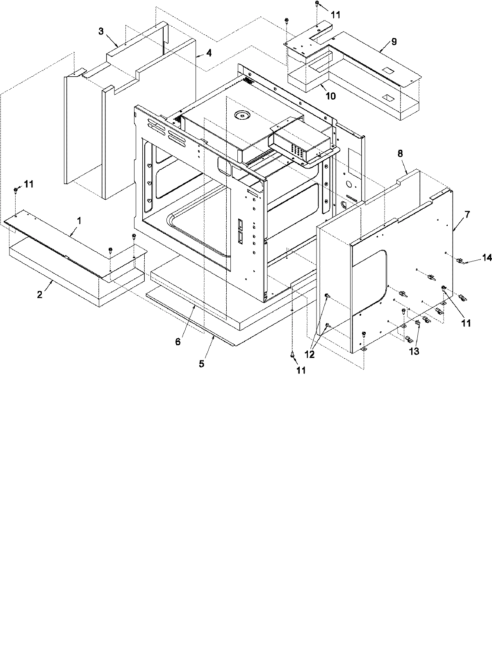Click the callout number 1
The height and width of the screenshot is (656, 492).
(79, 221)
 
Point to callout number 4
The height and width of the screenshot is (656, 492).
(209, 53)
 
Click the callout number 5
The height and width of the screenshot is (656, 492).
(201, 363)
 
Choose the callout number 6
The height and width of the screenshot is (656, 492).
(178, 342)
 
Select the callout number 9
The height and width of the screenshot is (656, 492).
(394, 41)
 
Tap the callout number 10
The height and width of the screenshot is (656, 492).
(330, 96)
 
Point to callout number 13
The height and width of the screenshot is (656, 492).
(414, 351)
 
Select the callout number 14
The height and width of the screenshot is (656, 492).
(487, 258)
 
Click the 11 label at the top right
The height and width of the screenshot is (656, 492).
(335, 15)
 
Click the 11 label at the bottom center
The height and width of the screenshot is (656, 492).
(301, 370)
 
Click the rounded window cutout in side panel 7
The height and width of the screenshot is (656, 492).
(369, 283)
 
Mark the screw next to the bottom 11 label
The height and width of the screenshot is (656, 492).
(292, 355)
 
